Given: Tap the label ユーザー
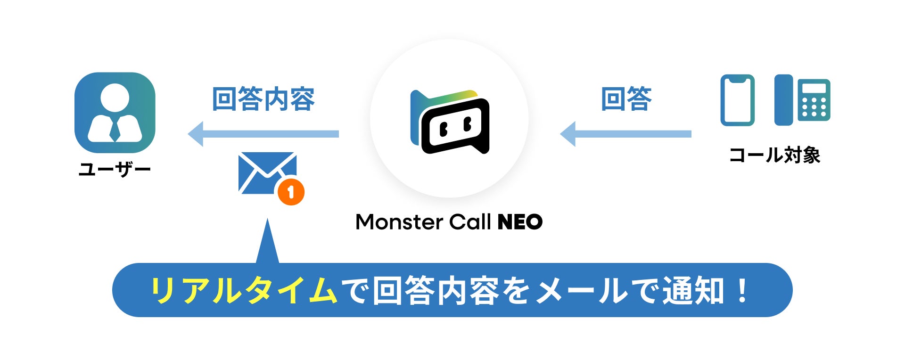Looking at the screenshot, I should point(115,169).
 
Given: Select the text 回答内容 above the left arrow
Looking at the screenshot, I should point(263,99).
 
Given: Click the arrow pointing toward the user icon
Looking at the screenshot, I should point(263,134).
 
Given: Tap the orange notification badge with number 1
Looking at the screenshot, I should point(291,192).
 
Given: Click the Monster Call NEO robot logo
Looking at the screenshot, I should point(450,122).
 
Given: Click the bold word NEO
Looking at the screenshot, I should point(520,222).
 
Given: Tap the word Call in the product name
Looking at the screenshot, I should point(469,222).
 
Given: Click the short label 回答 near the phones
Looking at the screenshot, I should point(626,99).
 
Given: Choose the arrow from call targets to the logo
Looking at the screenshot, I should point(625,134).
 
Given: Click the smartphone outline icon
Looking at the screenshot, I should point(737,100).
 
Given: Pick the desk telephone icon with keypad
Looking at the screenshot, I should point(802,100).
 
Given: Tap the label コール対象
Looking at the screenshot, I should point(774,155).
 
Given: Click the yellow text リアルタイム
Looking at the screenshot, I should point(244,290).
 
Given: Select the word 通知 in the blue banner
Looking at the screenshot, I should point(693,290).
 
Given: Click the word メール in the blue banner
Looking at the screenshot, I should point(582,290).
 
